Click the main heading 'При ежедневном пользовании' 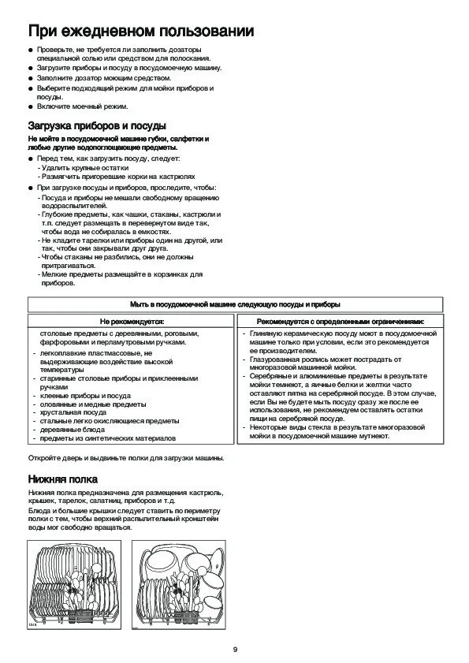pyautogui.click(x=141, y=32)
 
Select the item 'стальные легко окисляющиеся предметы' pyautogui.click(x=110, y=421)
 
